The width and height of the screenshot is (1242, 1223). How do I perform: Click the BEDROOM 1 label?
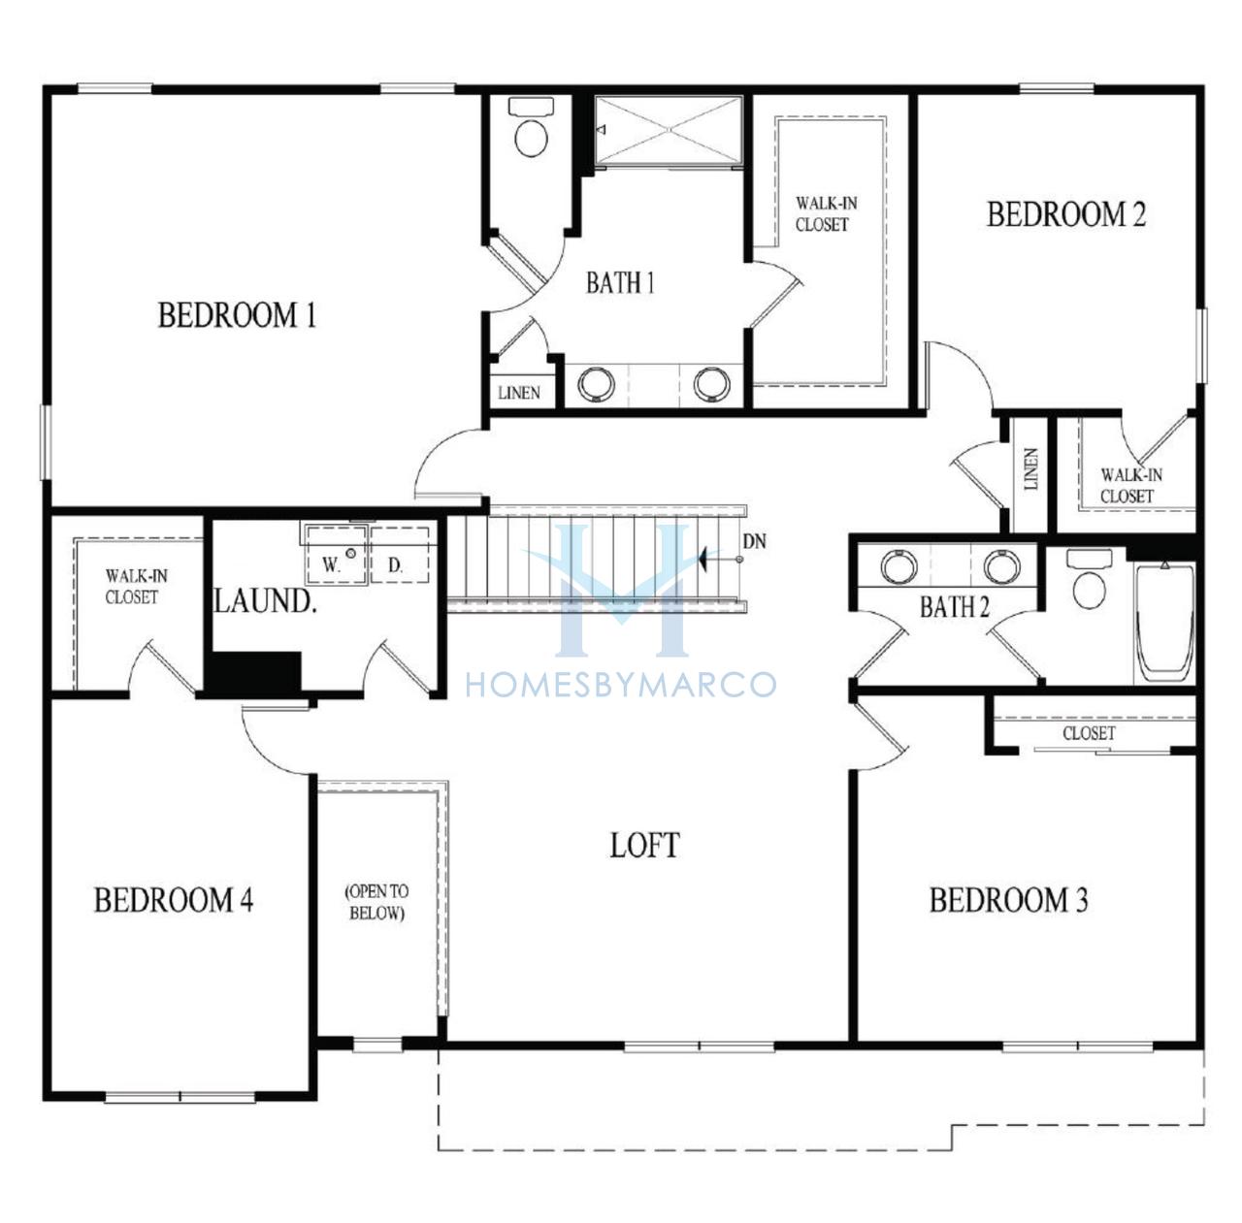coord(237,316)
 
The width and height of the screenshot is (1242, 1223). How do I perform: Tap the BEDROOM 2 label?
coord(1066,214)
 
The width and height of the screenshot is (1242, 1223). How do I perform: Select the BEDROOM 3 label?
coord(1009,900)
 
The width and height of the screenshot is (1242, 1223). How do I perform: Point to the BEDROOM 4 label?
coord(174,900)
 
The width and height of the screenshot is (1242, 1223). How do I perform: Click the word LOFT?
coord(644,846)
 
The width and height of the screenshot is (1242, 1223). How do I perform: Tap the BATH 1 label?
coord(620,283)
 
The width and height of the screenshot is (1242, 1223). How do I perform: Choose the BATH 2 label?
coord(955,606)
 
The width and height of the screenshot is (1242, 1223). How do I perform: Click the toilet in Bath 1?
coord(532,126)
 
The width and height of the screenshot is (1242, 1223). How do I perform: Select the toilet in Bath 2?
coord(1090,578)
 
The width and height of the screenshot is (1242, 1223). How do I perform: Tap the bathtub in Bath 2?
coord(1164,622)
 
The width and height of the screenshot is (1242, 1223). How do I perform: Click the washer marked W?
coord(336,556)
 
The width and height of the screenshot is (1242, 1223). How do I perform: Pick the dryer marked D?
coord(400,556)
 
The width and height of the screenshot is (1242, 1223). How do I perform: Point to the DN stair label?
coord(755,541)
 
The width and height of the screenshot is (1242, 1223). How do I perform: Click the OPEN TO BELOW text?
coord(377,902)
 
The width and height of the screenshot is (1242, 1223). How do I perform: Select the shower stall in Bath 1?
coord(669,130)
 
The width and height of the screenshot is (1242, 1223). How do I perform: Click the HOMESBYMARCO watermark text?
coord(621,685)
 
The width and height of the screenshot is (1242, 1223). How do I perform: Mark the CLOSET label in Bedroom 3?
coord(1090,733)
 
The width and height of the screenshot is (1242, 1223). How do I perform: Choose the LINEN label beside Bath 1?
coord(519,393)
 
